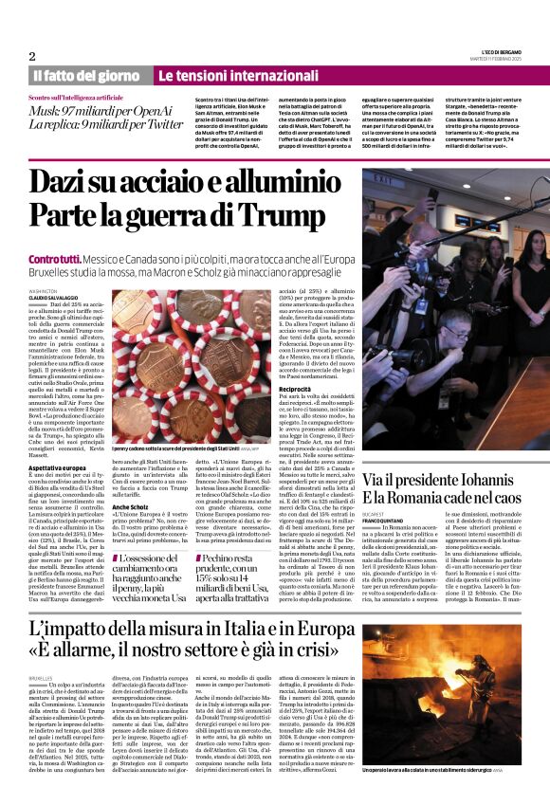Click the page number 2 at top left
(x=32, y=56)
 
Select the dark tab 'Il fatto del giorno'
(x=86, y=76)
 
